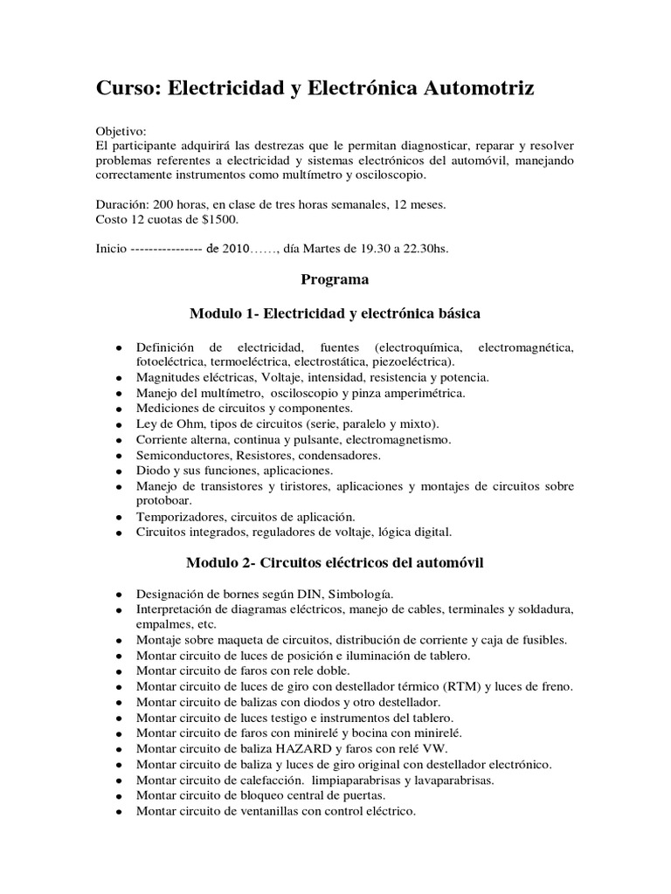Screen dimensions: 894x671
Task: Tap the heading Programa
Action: pos(335,279)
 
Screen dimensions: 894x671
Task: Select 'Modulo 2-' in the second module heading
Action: pos(218,563)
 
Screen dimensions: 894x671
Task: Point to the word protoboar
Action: pos(163,500)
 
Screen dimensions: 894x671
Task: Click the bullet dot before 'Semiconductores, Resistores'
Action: pos(117,456)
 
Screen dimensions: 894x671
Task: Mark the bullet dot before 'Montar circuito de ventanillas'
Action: pos(117,811)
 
